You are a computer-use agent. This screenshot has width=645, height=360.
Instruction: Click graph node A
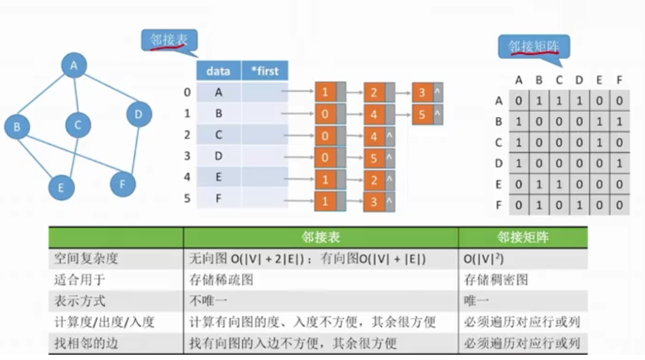pyautogui.click(x=74, y=65)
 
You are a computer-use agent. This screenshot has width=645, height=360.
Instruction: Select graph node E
pyautogui.click(x=61, y=187)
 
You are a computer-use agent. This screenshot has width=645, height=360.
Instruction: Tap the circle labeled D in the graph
pyautogui.click(x=138, y=114)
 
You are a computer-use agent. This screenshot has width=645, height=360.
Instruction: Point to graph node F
pyautogui.click(x=122, y=184)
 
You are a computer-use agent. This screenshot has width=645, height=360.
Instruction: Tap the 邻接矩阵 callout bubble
pyautogui.click(x=533, y=47)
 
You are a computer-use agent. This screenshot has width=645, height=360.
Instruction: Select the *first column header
pyautogui.click(x=265, y=71)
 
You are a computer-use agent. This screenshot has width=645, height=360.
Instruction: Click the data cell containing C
pyautogui.click(x=219, y=135)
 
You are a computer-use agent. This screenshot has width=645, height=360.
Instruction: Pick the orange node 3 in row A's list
pyautogui.click(x=423, y=93)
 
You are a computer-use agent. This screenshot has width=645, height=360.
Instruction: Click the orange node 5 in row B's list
pyautogui.click(x=423, y=114)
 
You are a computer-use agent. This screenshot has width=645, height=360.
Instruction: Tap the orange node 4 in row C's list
pyautogui.click(x=373, y=136)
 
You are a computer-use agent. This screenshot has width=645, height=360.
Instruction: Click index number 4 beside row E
pyautogui.click(x=187, y=177)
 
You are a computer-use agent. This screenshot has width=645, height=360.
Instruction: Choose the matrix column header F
pyautogui.click(x=619, y=80)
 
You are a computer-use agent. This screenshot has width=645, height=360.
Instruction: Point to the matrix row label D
pyautogui.click(x=499, y=164)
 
